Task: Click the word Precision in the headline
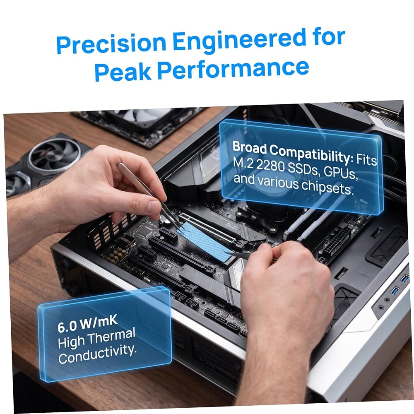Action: point(111,43)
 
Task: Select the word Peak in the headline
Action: point(123,71)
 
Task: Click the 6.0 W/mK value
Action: point(87,323)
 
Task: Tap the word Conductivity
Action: point(97,353)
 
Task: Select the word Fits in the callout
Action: point(367,159)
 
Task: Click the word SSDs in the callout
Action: point(303,169)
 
